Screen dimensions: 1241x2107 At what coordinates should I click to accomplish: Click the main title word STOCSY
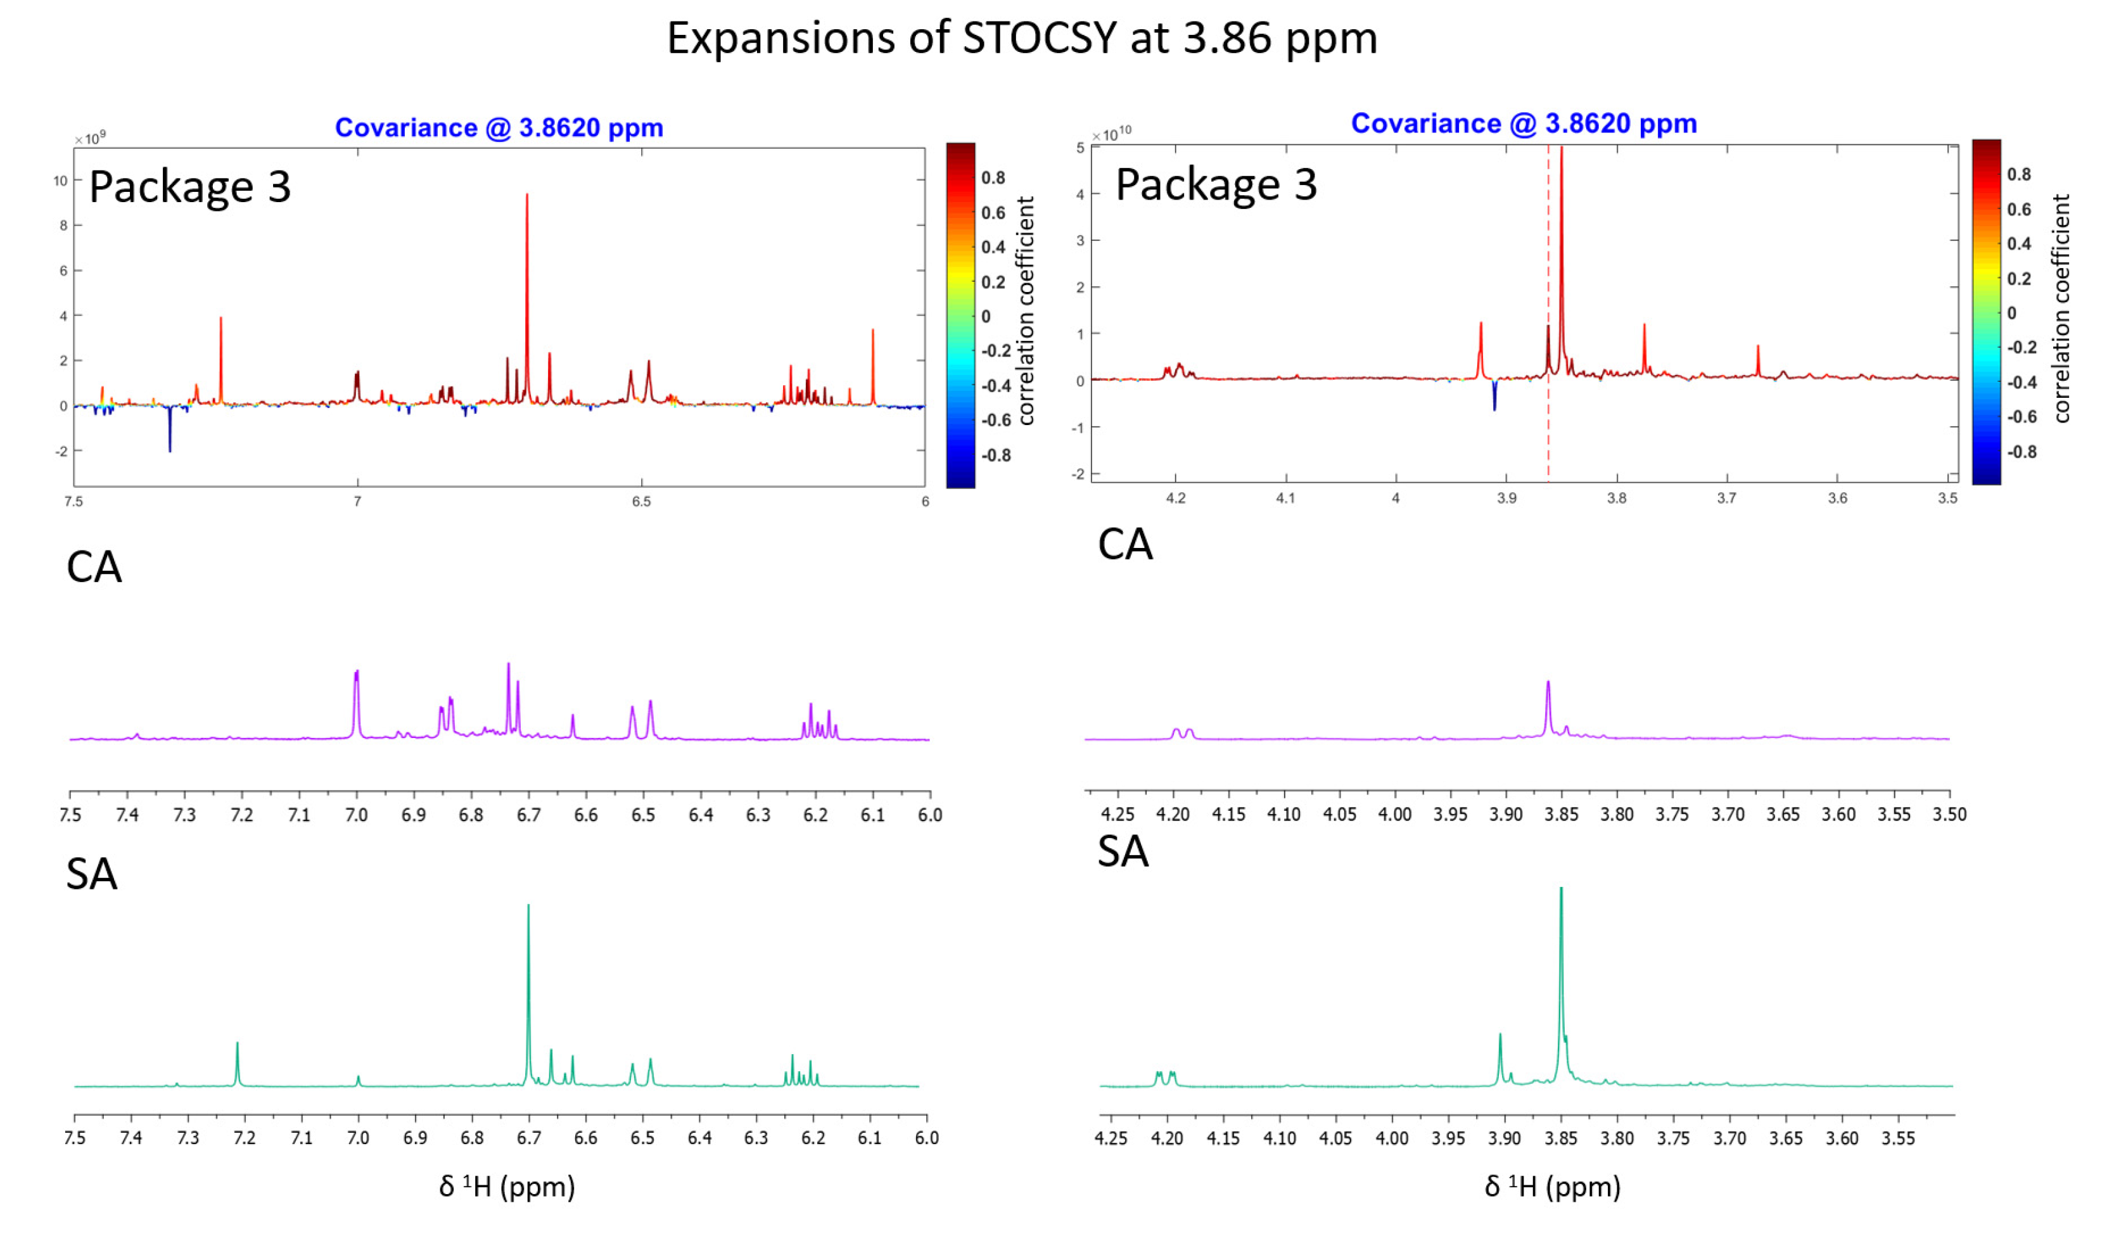[x=1040, y=39]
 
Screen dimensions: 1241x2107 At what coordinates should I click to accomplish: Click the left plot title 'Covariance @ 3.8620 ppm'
[x=499, y=128]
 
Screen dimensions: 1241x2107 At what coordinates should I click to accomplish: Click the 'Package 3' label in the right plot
[x=1216, y=185]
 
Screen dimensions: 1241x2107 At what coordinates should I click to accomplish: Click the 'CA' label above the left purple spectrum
[x=94, y=568]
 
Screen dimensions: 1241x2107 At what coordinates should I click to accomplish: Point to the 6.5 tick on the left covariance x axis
[x=640, y=502]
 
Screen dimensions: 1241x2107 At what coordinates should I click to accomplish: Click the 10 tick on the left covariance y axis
[x=60, y=181]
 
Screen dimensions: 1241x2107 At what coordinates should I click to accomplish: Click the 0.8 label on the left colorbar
[x=993, y=178]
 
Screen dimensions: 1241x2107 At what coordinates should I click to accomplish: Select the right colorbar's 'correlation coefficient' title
[x=2062, y=309]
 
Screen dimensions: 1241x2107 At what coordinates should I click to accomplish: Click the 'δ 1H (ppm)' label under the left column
[x=507, y=1186]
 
